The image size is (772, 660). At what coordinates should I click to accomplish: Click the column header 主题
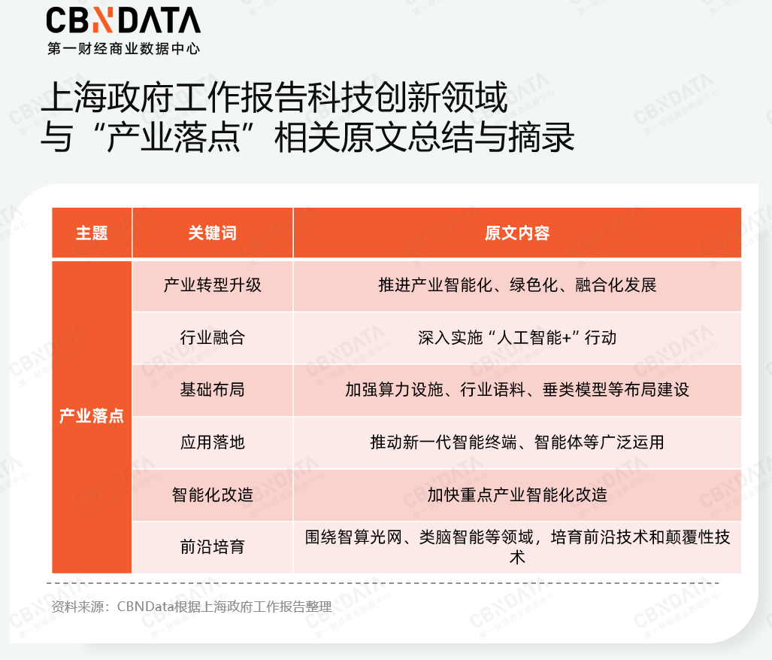(92, 233)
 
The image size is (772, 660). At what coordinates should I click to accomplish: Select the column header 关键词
(212, 233)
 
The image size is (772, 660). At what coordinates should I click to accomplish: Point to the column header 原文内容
(517, 233)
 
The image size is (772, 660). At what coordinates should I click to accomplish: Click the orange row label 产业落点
(92, 416)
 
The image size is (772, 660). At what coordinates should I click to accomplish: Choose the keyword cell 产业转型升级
(212, 285)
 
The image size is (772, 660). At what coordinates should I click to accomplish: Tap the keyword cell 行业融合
(212, 338)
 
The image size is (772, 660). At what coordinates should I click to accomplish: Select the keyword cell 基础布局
(212, 390)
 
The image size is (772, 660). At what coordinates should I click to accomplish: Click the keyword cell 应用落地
(212, 443)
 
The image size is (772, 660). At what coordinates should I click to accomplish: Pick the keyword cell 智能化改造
(212, 495)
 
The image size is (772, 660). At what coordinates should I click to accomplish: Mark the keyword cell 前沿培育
(212, 547)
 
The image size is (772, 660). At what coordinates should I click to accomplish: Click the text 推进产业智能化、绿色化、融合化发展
(517, 285)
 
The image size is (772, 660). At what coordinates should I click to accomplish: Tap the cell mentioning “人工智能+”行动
(517, 338)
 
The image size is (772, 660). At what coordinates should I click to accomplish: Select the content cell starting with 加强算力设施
(517, 390)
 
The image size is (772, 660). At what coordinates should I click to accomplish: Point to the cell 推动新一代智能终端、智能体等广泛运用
(517, 443)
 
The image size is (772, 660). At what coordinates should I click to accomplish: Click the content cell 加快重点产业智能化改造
(517, 495)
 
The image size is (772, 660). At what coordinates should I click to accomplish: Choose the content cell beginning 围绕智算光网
(517, 546)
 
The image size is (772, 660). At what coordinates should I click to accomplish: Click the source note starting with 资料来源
(192, 607)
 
